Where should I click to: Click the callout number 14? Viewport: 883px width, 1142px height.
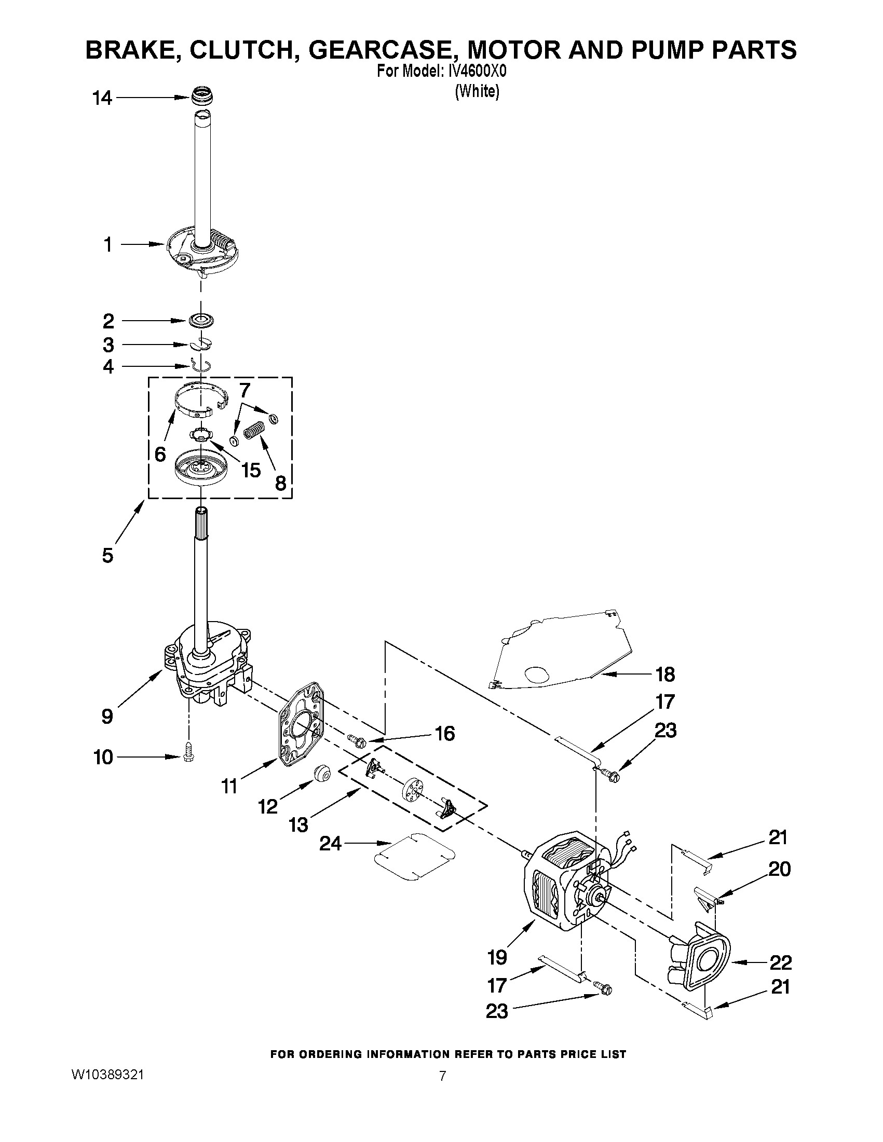102,98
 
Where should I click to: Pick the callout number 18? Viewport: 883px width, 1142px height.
665,675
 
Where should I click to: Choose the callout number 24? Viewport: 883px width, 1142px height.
331,843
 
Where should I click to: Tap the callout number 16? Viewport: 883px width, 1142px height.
445,734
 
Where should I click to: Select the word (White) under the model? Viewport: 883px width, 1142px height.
477,91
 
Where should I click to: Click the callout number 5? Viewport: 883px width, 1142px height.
107,555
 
